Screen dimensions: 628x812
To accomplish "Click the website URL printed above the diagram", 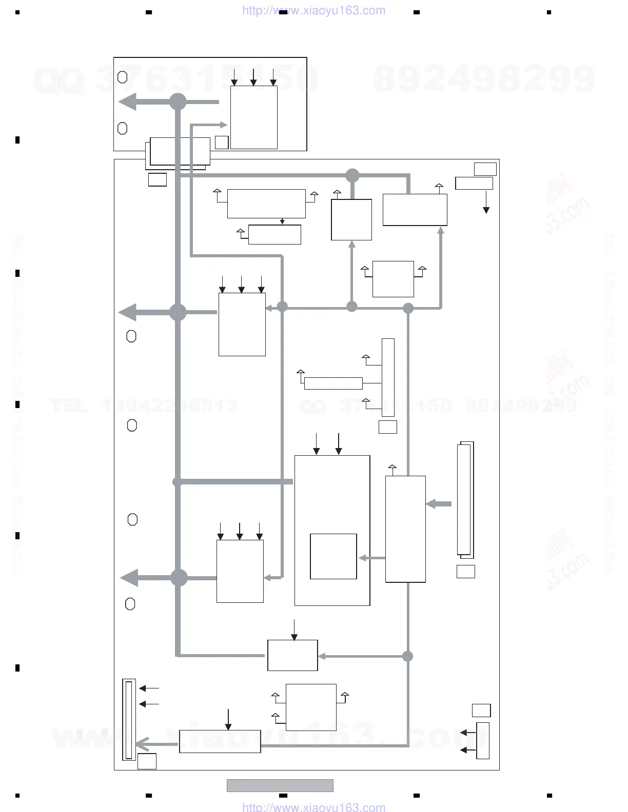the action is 313,10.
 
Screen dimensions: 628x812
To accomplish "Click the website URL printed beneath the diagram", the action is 313,807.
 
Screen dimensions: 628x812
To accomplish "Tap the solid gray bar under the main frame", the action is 280,785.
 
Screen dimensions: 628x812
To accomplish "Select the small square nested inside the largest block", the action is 333,556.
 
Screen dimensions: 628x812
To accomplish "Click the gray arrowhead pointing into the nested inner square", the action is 363,558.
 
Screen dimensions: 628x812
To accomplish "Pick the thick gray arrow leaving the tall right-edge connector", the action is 439,504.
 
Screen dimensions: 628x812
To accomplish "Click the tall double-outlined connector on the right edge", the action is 465,500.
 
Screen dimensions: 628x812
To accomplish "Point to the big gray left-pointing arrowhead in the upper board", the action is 128,102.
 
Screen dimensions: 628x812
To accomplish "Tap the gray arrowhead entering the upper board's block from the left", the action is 223,125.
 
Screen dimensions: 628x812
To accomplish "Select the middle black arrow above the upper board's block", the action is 253,76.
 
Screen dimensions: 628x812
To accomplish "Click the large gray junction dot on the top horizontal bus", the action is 352,176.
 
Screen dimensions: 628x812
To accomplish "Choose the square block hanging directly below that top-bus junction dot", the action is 351,219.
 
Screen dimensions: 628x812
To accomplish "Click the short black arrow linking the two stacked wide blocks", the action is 282,221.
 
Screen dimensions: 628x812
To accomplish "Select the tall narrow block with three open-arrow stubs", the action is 388,377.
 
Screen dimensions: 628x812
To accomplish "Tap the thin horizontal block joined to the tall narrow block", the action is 333,383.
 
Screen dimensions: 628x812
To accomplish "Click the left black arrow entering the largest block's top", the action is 317,444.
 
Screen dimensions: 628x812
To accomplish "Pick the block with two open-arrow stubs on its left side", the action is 311,707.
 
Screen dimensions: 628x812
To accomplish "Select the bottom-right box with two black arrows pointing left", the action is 483,741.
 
